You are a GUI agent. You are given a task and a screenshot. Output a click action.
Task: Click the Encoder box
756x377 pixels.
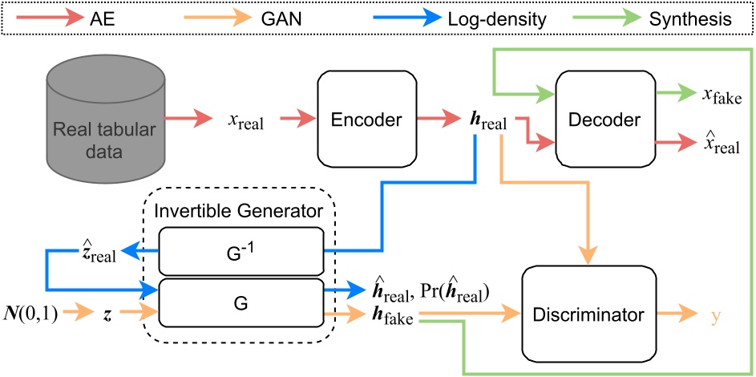coord(367,120)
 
